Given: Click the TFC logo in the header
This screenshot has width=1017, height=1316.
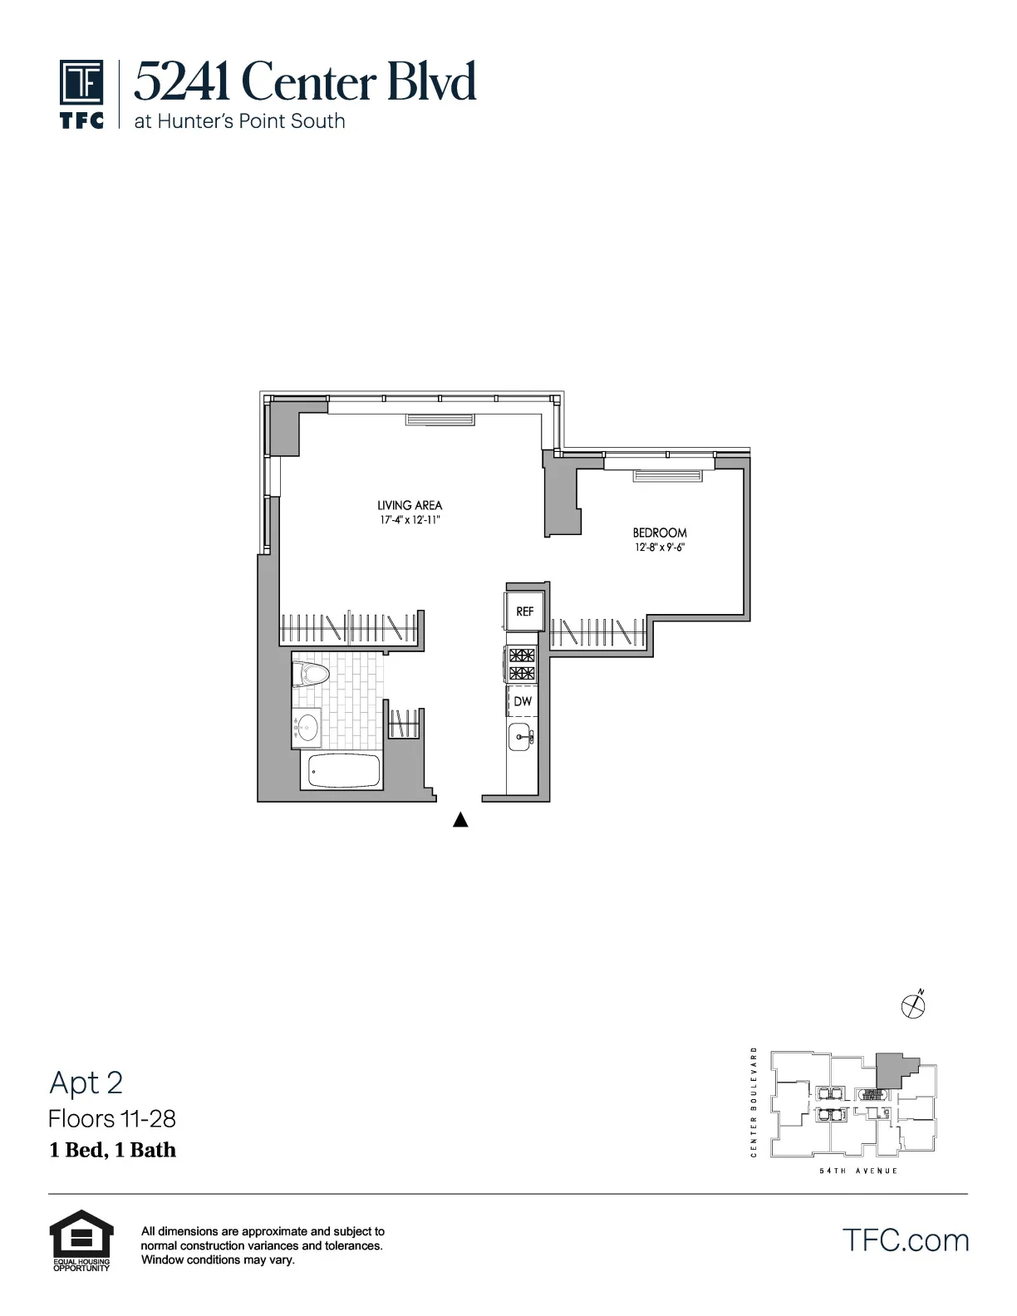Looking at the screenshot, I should point(81,93).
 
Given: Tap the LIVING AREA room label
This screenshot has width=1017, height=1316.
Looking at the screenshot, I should point(410,505).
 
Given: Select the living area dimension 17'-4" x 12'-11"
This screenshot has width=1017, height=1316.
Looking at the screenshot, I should point(410,521).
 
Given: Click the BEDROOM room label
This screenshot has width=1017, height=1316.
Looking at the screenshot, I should point(660,533).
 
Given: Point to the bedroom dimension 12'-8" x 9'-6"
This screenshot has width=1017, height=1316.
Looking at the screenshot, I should point(660,548).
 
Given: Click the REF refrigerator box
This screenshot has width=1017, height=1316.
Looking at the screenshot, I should point(524,611).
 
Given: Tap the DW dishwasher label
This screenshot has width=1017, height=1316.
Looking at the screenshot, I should point(523,702).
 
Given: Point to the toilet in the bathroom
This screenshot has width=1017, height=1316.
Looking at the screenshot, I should point(312,673).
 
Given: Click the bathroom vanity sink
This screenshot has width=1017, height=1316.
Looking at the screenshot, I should point(307,727).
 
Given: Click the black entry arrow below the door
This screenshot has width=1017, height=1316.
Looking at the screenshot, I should point(460,821).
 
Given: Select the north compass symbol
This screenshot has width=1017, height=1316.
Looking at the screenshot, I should point(913,1006).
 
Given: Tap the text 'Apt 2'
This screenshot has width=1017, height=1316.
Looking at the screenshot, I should point(86,1083).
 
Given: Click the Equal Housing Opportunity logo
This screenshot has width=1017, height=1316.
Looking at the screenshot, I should point(81,1240).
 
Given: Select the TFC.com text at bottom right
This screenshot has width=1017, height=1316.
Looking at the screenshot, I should point(906,1240).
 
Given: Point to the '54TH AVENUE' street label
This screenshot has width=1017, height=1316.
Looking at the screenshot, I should point(858,1171).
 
